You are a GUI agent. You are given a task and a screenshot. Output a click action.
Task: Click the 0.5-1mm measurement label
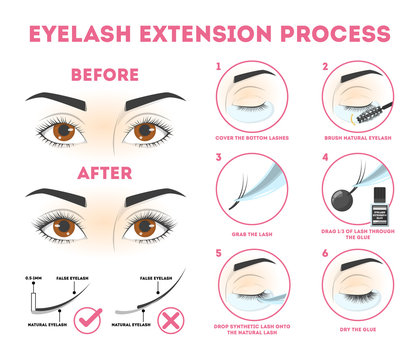click(x=32, y=276)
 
